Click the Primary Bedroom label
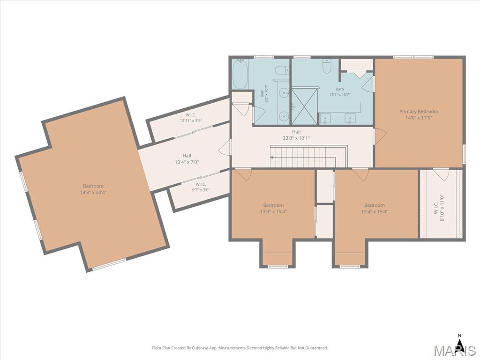(x=419, y=112)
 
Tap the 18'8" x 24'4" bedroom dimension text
(x=93, y=192)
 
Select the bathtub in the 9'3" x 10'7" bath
(x=240, y=75)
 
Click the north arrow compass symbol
(x=459, y=340)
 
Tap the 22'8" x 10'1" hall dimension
(x=296, y=138)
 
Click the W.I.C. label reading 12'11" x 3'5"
(x=191, y=118)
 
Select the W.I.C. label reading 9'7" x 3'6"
(x=201, y=187)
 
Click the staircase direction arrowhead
(x=271, y=157)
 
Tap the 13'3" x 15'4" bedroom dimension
(x=273, y=211)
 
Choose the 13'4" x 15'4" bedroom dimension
(x=375, y=211)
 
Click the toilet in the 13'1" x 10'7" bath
(x=327, y=67)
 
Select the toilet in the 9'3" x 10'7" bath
(x=282, y=70)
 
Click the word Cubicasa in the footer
(x=201, y=348)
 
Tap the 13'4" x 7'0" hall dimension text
(x=187, y=162)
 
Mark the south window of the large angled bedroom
(x=109, y=264)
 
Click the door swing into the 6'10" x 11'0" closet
(x=441, y=174)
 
